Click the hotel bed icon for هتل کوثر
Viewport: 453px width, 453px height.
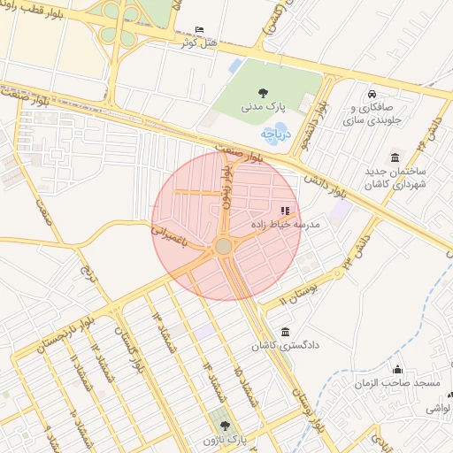tap(198, 29)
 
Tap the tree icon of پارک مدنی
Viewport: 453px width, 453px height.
tap(262, 92)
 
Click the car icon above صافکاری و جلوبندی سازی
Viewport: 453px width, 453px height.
tap(372, 94)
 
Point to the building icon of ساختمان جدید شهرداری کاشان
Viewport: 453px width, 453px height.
tap(394, 154)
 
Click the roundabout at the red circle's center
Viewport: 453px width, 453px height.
tap(224, 245)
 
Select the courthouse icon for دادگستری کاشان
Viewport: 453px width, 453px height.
tap(284, 332)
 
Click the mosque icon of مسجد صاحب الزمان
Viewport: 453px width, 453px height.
tap(397, 369)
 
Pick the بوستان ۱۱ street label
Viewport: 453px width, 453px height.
tap(296, 293)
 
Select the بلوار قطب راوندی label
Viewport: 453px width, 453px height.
tap(40, 18)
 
